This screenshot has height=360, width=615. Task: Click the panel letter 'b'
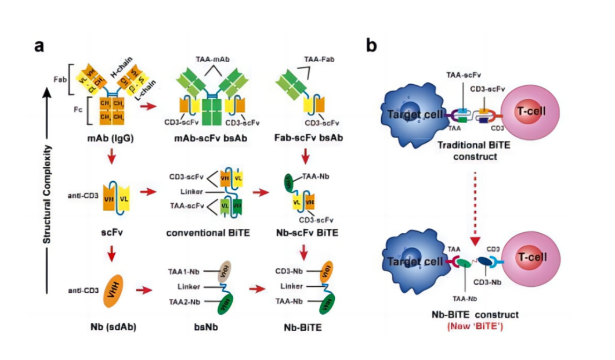(371, 46)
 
